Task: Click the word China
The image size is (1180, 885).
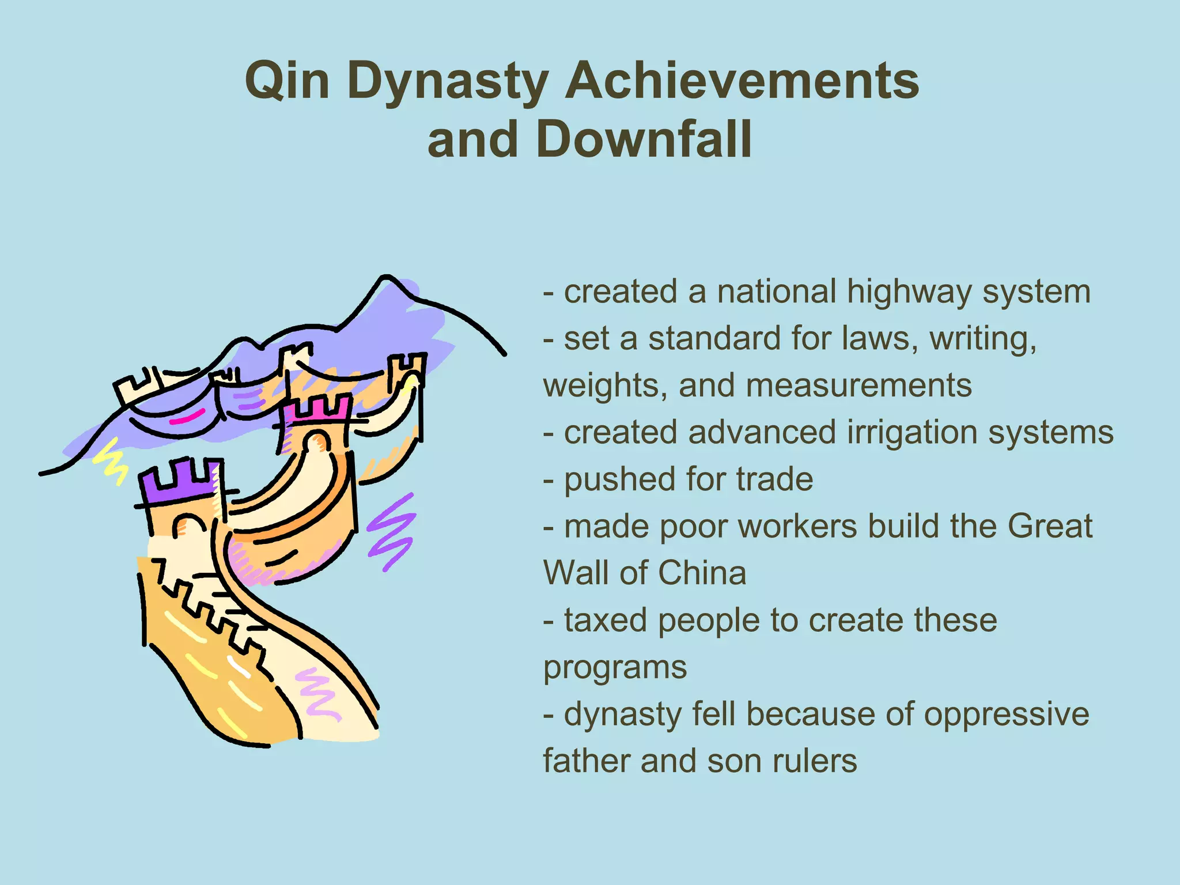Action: (x=702, y=573)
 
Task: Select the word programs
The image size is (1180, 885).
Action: (x=615, y=668)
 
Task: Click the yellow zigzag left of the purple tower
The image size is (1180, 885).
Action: (x=111, y=461)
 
